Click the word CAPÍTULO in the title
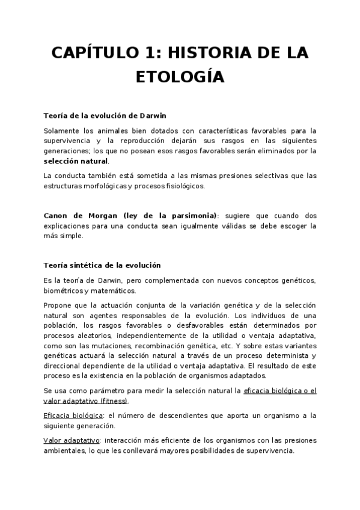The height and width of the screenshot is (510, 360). [93, 53]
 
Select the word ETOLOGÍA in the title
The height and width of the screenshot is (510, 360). [180, 78]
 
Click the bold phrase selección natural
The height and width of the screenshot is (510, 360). [76, 161]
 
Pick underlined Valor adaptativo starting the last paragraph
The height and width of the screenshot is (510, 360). [67, 441]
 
